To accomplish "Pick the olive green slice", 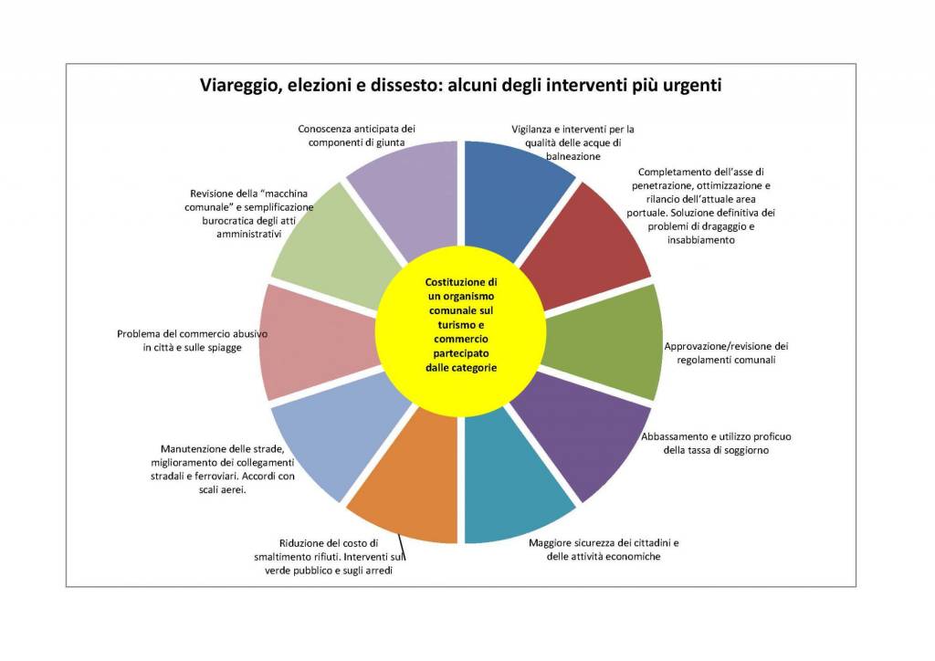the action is [608, 340].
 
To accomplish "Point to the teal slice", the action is [513, 483].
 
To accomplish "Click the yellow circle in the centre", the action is [461, 330].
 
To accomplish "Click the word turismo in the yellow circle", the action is [461, 325].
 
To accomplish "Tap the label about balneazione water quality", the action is [573, 142].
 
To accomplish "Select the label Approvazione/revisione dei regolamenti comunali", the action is [726, 352].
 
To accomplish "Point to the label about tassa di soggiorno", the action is [716, 443].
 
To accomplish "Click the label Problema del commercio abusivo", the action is [192, 341].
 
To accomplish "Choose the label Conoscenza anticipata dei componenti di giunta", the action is [357, 135].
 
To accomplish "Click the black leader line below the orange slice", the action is [401, 549].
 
